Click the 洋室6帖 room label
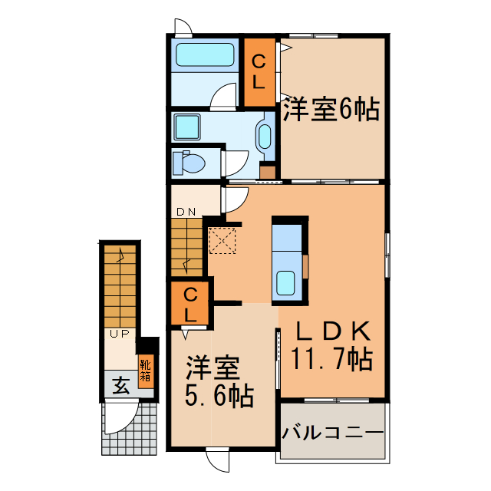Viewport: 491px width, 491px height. click(x=331, y=110)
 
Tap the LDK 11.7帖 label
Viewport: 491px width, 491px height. click(x=331, y=344)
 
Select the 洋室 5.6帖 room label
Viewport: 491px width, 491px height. click(x=219, y=383)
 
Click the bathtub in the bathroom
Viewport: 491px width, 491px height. click(x=204, y=54)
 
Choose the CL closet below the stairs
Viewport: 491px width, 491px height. click(x=189, y=304)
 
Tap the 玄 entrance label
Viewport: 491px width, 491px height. click(x=120, y=385)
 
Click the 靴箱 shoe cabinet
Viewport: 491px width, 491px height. click(x=146, y=371)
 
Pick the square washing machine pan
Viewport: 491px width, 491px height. click(x=187, y=128)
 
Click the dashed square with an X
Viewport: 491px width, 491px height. click(x=223, y=240)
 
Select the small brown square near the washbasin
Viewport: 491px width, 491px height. click(x=267, y=170)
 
